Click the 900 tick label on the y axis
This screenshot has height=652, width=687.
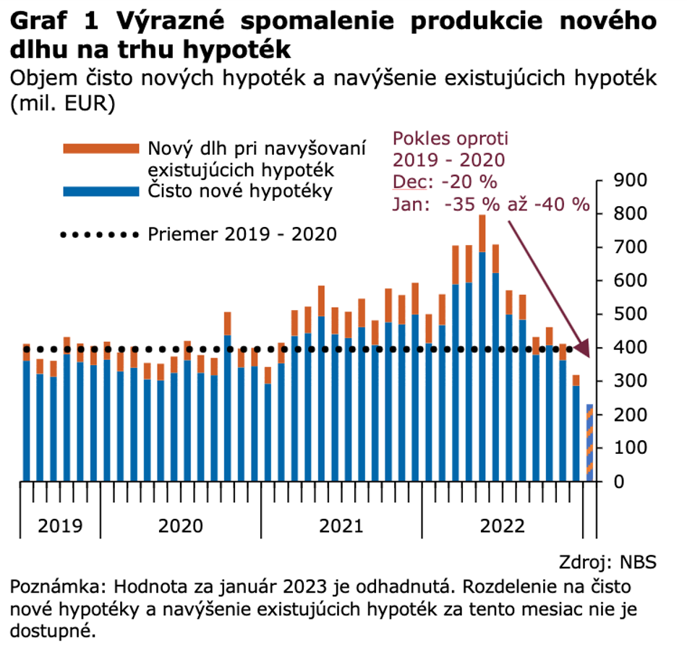(628, 180)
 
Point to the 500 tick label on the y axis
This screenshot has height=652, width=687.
(628, 314)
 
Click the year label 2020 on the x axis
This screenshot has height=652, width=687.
(180, 525)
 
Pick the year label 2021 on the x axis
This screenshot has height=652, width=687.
(341, 525)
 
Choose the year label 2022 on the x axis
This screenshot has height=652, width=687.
(502, 525)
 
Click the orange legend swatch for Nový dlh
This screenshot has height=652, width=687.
(101, 148)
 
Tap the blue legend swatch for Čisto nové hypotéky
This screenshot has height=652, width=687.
(101, 192)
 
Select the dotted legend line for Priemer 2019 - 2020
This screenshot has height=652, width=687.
(101, 234)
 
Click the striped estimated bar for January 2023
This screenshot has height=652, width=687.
(589, 442)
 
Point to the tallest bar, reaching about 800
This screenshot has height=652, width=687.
(482, 347)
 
